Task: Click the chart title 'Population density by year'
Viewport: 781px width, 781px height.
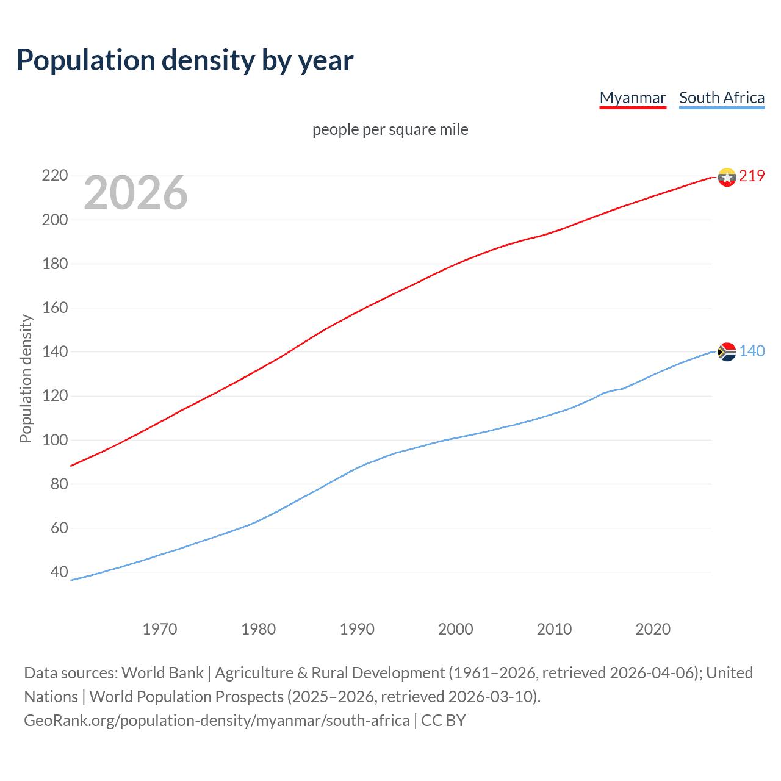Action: (x=185, y=60)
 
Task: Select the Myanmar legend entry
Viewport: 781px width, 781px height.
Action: (x=633, y=98)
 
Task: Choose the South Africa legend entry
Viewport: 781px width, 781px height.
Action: (x=722, y=98)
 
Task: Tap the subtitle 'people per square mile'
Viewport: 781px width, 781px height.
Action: (x=390, y=129)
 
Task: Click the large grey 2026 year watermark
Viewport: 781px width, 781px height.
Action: (x=135, y=193)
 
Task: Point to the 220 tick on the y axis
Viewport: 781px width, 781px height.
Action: (x=54, y=176)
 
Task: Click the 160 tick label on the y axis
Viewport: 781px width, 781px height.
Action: (x=54, y=308)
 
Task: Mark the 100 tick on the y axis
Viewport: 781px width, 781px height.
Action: (x=54, y=440)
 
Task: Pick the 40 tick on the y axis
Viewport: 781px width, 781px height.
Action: (x=59, y=572)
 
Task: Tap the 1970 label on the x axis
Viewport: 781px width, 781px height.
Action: (x=160, y=629)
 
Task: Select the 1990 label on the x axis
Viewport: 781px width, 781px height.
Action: (x=357, y=629)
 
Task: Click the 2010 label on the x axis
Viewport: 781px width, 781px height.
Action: (x=554, y=629)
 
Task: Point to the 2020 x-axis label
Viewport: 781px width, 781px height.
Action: (x=653, y=629)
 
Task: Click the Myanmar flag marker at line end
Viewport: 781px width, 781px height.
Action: (x=727, y=177)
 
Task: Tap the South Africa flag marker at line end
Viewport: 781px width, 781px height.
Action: (x=727, y=351)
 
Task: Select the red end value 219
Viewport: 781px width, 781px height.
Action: (x=752, y=176)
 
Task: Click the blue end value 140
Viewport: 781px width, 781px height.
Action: (x=752, y=351)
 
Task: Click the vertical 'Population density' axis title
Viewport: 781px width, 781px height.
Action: (x=26, y=378)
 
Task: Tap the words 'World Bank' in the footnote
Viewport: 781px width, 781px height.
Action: (x=162, y=673)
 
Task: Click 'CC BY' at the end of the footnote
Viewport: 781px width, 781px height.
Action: (x=444, y=721)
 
